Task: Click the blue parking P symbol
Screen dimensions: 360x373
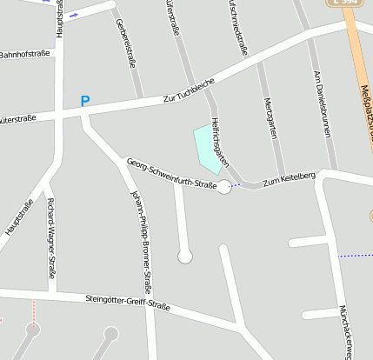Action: (84, 101)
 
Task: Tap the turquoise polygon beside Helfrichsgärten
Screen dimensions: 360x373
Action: (207, 147)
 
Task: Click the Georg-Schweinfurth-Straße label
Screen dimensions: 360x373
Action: (171, 172)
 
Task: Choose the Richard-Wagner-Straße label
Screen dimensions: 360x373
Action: (53, 238)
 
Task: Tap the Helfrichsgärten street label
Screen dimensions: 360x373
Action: (219, 141)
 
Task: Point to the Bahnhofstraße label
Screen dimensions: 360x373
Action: (25, 54)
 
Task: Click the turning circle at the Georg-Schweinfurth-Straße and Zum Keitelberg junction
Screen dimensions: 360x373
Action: (224, 186)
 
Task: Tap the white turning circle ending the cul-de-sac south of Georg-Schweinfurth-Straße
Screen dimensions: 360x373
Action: (184, 256)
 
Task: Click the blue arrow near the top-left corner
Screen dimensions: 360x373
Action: (73, 15)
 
